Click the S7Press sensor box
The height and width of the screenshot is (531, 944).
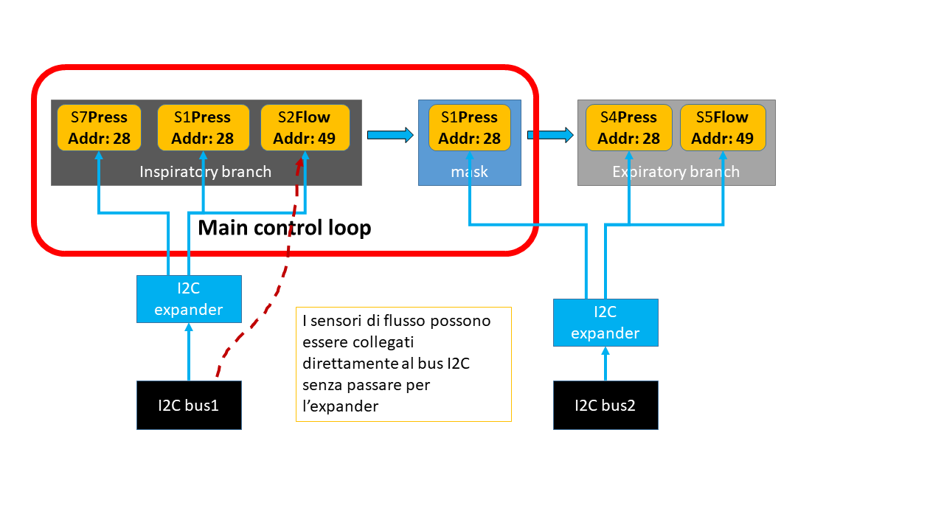pyautogui.click(x=99, y=128)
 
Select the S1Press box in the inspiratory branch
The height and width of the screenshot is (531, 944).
pyautogui.click(x=202, y=128)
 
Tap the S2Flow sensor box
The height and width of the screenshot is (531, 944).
pyautogui.click(x=305, y=128)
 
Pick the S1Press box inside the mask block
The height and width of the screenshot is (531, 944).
pyautogui.click(x=470, y=128)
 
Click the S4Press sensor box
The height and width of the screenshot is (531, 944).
pyautogui.click(x=628, y=128)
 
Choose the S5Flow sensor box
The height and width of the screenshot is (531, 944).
pyautogui.click(x=722, y=128)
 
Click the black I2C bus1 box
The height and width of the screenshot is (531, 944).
pyautogui.click(x=189, y=405)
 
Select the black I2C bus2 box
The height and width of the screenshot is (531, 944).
pyautogui.click(x=605, y=405)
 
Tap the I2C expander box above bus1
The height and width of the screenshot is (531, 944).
pyautogui.click(x=189, y=299)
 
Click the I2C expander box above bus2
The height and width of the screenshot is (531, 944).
pyautogui.click(x=605, y=322)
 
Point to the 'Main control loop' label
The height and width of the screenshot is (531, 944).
pyautogui.click(x=284, y=228)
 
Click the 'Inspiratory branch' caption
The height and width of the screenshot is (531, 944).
pyautogui.click(x=205, y=172)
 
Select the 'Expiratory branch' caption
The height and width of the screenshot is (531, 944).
pyautogui.click(x=676, y=172)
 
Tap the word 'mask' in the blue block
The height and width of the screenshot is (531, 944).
pyautogui.click(x=470, y=172)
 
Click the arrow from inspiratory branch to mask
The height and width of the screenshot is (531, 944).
pyautogui.click(x=390, y=134)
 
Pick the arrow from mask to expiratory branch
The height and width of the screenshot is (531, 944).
pyautogui.click(x=549, y=134)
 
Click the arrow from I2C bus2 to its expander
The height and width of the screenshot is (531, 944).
pyautogui.click(x=605, y=364)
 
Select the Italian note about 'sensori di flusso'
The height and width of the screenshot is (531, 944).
pyautogui.click(x=403, y=364)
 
